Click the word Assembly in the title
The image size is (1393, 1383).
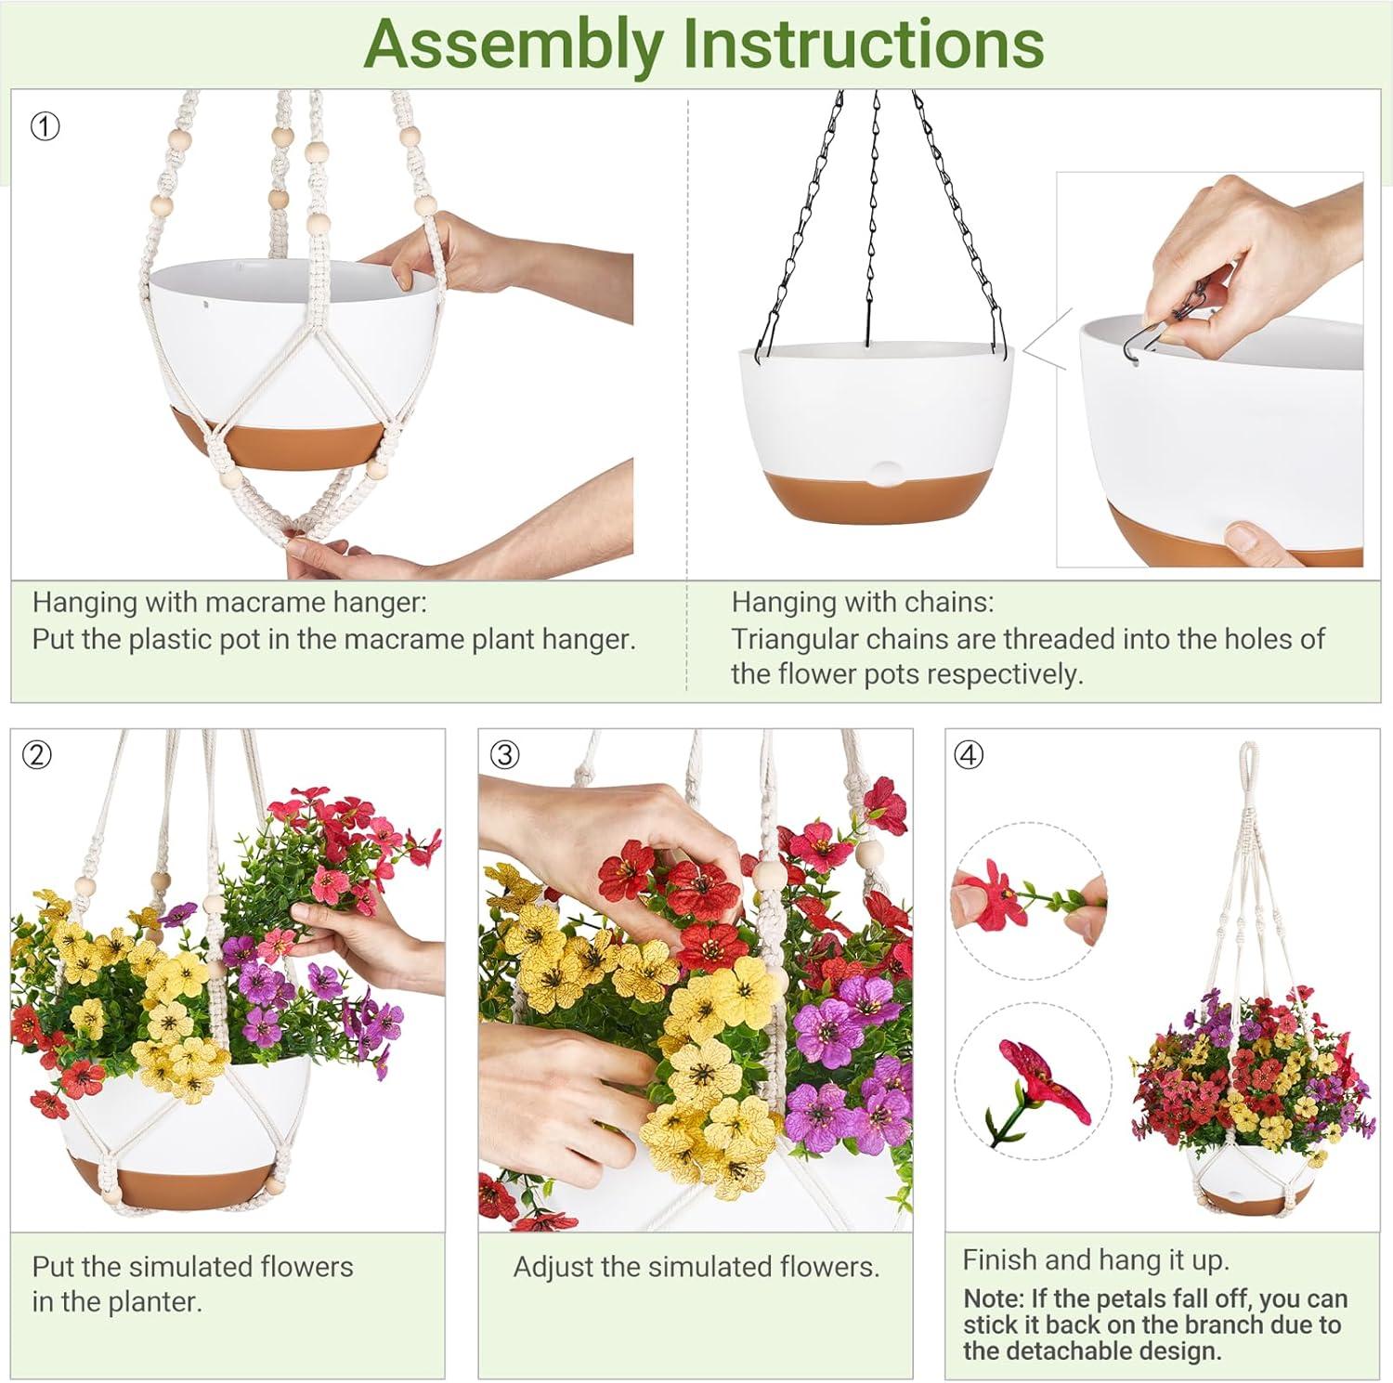coord(513,43)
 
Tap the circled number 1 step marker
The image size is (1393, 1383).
coord(45,126)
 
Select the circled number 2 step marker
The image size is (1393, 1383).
coord(37,755)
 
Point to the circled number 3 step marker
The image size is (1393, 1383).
coord(505,755)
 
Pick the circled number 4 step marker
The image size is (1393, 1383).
coord(969,755)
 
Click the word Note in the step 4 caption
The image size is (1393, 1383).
coord(992,1298)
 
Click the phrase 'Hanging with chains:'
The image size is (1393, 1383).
coord(863,603)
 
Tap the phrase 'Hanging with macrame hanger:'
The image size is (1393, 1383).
coord(229,603)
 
